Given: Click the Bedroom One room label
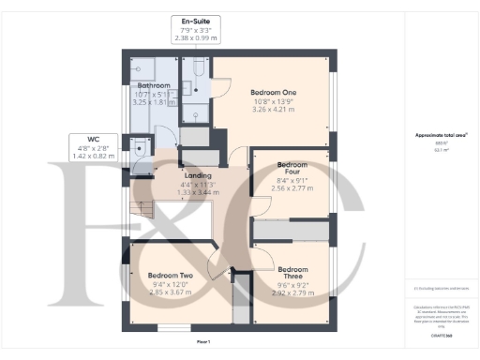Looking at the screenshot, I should point(273,93).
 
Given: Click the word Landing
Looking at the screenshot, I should point(197,175).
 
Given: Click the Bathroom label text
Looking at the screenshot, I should point(154,85).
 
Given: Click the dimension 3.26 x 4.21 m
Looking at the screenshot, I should point(273,110).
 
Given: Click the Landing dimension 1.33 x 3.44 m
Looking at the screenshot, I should point(197,193).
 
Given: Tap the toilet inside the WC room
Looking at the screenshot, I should point(140,147).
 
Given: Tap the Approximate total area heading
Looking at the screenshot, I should point(441,135).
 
